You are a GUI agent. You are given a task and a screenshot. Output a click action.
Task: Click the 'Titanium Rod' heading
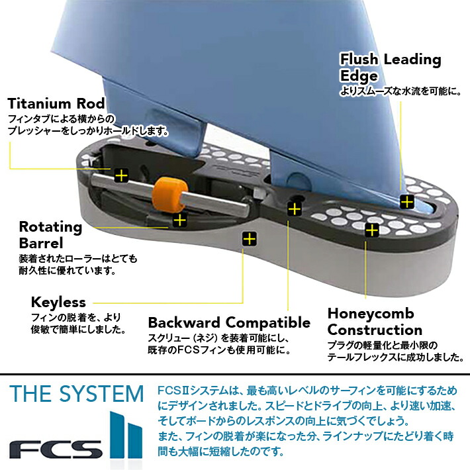tap(56, 104)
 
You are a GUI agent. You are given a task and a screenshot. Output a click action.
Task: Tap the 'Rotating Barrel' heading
tap(50, 234)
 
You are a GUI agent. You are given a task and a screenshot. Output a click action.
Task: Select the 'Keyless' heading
tap(58, 302)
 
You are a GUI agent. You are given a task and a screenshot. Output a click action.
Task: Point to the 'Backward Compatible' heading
tap(228, 323)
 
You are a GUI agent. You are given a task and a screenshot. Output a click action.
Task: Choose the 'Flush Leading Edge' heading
tap(390, 67)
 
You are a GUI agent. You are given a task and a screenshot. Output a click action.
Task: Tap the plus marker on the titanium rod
tap(120, 175)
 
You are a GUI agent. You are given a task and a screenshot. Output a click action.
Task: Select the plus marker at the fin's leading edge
tap(406, 201)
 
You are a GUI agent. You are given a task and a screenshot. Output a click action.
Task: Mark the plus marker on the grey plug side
tap(249, 238)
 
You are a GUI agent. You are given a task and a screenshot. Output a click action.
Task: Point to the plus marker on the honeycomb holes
tap(372, 230)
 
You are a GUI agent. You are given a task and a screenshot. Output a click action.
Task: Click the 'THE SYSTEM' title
tap(77, 394)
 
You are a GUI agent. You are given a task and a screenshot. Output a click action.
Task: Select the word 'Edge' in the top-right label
tap(359, 75)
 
